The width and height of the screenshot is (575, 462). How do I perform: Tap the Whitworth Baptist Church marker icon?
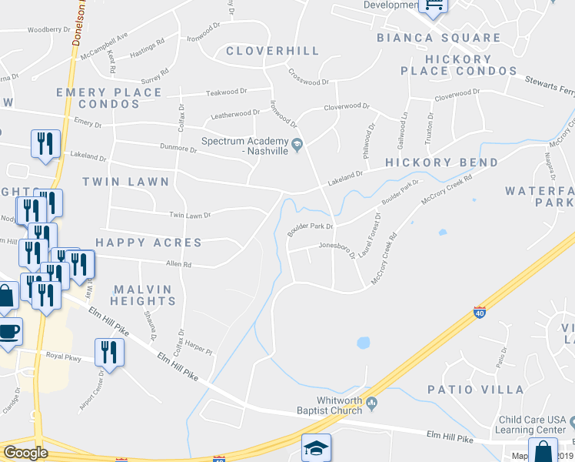pos(372,403)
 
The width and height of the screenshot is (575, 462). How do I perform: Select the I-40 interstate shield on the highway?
pos(479,313)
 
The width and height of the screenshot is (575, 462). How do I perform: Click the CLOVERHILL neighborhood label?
pos(272,51)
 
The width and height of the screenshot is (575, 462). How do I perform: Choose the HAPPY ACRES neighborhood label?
pos(148,243)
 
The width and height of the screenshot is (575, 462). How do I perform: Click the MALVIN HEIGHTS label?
pos(145,295)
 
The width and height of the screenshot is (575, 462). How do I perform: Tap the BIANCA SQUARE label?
pos(428,38)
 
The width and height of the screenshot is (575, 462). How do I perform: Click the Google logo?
pos(25,453)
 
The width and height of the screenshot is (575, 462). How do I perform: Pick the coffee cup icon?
pos(8,332)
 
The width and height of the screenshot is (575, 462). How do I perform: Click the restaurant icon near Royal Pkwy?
pos(108,353)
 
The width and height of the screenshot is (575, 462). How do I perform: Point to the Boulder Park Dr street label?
pos(310,227)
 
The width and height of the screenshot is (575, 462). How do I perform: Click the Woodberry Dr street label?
pos(48,30)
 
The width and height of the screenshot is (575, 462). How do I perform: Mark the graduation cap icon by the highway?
pos(316,448)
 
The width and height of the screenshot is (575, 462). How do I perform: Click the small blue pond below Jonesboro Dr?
pos(364,342)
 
